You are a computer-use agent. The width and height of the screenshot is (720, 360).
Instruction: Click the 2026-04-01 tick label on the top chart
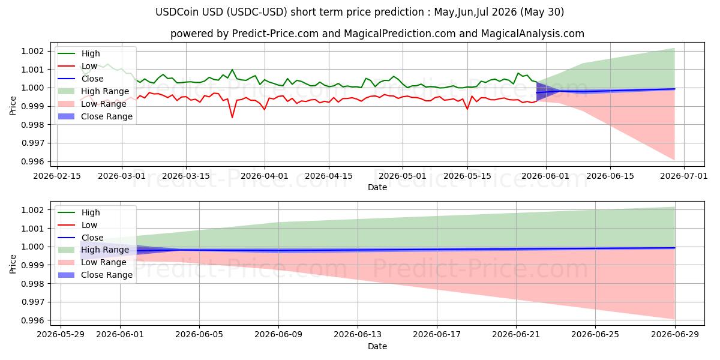[x=264, y=176]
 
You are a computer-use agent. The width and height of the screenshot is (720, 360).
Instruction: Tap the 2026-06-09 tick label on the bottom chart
[x=278, y=335]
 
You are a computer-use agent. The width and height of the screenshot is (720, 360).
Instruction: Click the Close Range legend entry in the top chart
[x=95, y=116]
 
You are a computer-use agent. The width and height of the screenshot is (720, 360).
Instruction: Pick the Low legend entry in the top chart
[x=77, y=66]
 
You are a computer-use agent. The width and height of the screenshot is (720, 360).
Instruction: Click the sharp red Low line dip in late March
[x=232, y=118]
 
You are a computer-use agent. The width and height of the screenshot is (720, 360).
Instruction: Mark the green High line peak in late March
[x=232, y=70]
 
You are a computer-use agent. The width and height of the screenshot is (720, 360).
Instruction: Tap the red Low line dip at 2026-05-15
[x=467, y=109]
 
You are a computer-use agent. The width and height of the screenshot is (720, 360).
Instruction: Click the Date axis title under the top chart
[x=377, y=187]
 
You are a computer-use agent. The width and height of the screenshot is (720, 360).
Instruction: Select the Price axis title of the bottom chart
[x=13, y=264]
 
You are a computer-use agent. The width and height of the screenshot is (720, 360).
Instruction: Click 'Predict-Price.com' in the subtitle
[x=275, y=34]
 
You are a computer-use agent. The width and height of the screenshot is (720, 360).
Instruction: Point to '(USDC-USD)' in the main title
[x=257, y=12]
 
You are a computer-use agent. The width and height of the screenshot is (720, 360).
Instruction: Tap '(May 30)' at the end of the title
[x=542, y=12]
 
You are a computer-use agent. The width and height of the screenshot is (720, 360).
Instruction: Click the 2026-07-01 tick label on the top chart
[x=683, y=176]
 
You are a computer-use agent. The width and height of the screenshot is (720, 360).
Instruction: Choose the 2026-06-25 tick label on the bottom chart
[x=595, y=335]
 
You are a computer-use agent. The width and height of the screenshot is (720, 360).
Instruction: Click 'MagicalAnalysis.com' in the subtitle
[x=533, y=34]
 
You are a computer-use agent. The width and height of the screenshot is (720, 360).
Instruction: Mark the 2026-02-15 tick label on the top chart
[x=57, y=176]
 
